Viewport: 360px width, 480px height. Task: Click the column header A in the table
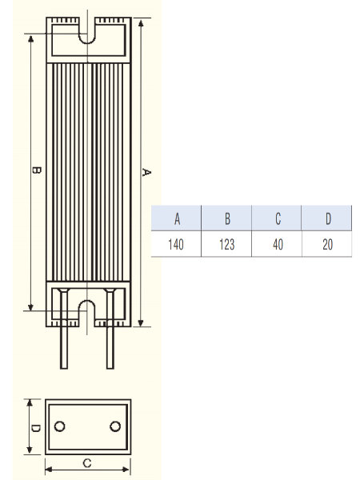pyautogui.click(x=177, y=218)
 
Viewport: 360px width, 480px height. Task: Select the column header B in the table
pyautogui.click(x=227, y=218)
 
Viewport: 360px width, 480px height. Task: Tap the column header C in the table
pyautogui.click(x=278, y=218)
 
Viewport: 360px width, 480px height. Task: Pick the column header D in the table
pyautogui.click(x=327, y=218)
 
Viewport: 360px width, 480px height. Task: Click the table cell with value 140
pyautogui.click(x=176, y=244)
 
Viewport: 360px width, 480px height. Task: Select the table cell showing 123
pyautogui.click(x=227, y=244)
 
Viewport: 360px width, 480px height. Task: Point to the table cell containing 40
pyautogui.click(x=278, y=244)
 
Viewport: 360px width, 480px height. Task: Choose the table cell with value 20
pyautogui.click(x=327, y=244)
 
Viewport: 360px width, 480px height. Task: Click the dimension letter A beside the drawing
pyautogui.click(x=146, y=172)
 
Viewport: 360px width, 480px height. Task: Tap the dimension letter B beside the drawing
pyautogui.click(x=37, y=170)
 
